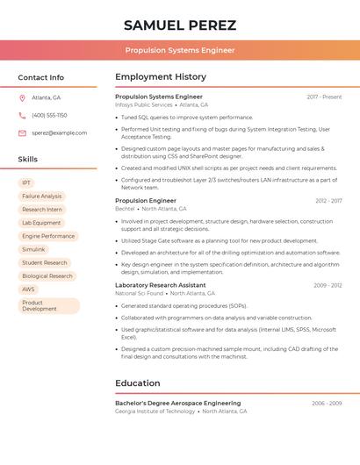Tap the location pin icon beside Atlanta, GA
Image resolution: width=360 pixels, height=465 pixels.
tap(22, 97)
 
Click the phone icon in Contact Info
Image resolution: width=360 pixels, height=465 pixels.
tap(22, 115)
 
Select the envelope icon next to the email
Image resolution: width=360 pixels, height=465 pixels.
tap(22, 132)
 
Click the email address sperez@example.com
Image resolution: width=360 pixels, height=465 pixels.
tap(59, 132)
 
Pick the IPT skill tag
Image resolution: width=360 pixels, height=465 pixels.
tap(26, 182)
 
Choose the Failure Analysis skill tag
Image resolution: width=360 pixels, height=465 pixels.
tap(41, 197)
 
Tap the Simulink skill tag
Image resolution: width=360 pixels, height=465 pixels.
tap(33, 249)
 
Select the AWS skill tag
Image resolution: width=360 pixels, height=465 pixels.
tap(29, 289)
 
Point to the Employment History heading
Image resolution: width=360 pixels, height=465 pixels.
tap(160, 77)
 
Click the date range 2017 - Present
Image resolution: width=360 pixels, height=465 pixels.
tap(324, 97)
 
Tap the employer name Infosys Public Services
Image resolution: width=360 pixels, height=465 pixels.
tap(143, 104)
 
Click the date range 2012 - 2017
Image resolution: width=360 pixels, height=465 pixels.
tap(328, 201)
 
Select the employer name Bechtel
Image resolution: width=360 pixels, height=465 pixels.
tap(125, 209)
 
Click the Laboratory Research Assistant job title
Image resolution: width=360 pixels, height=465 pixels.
tap(160, 285)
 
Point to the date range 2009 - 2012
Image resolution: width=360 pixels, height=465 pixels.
tap(328, 285)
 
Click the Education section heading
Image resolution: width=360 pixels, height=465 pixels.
tap(137, 383)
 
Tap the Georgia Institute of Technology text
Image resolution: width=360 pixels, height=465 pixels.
tap(155, 411)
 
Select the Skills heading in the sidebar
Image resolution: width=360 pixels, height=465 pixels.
tap(27, 159)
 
